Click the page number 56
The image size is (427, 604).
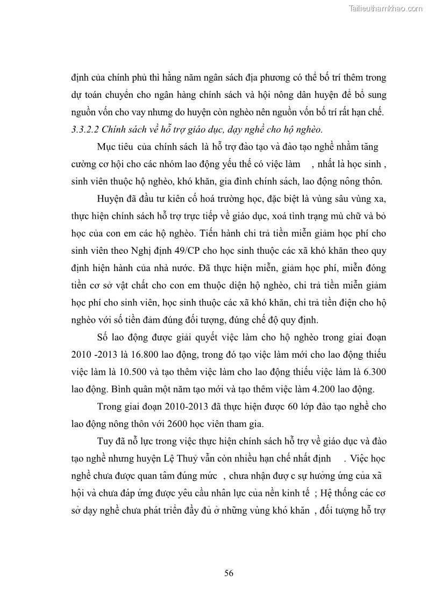[229, 573]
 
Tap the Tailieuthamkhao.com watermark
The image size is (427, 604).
[386, 9]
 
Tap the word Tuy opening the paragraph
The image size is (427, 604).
[105, 442]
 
